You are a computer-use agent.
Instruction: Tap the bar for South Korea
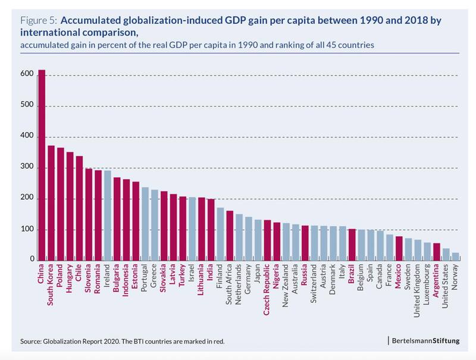pos(51,203)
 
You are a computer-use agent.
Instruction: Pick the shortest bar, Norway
pos(455,256)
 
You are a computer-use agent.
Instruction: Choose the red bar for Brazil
pos(352,245)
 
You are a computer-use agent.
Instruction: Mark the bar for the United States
pos(446,254)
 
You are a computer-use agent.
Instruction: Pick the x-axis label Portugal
pos(145,279)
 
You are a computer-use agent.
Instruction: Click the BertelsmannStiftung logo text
pos(425,340)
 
